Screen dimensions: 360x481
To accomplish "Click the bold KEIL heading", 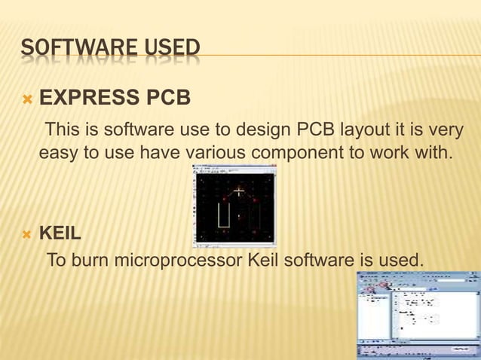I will [x=60, y=233].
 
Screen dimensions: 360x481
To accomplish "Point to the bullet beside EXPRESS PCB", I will [x=27, y=99].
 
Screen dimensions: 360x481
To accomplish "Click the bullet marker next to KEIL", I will [x=27, y=233].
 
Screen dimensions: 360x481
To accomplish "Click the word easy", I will [x=59, y=154].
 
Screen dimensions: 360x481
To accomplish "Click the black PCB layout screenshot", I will [x=234, y=206].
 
